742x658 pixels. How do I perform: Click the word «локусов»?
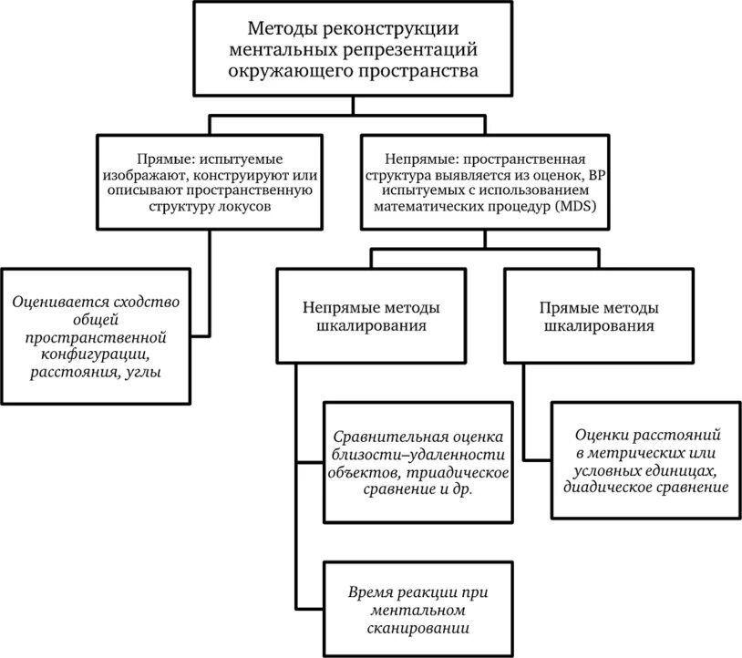pos(245,206)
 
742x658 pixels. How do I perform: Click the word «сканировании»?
pos(413,628)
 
